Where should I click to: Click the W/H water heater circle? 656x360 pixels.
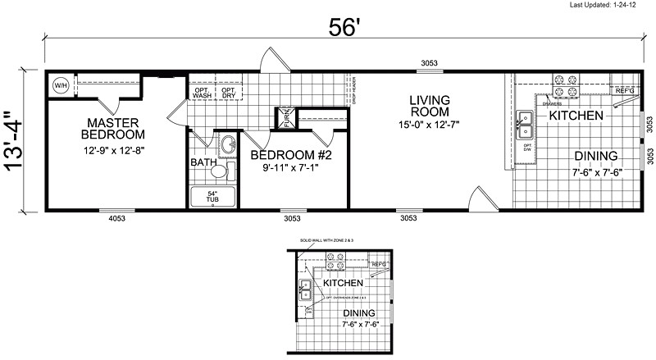click(x=61, y=86)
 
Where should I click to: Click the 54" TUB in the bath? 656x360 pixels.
click(x=212, y=197)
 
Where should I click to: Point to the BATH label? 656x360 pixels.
click(x=203, y=162)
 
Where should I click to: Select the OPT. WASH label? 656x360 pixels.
click(x=202, y=92)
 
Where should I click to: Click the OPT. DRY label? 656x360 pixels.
click(x=229, y=92)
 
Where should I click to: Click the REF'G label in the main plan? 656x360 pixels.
click(x=625, y=90)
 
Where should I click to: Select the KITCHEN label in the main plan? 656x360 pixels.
click(x=576, y=116)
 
